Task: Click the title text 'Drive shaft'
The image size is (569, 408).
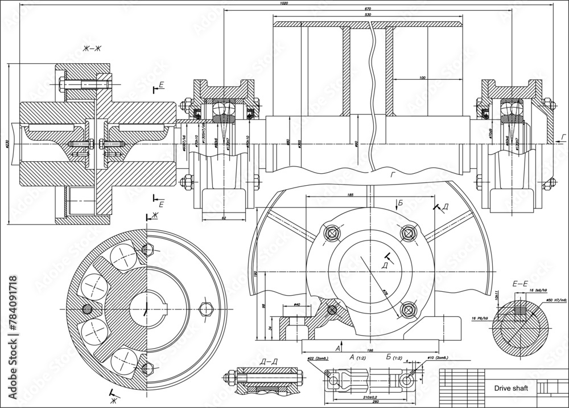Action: click(510, 389)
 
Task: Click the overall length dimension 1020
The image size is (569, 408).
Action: click(284, 3)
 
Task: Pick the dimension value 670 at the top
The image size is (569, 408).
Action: click(367, 9)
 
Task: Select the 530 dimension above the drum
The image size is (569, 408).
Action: click(367, 15)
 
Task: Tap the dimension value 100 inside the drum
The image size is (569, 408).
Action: click(422, 77)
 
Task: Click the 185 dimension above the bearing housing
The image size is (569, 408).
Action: click(350, 195)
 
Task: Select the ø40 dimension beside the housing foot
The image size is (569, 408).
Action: click(296, 305)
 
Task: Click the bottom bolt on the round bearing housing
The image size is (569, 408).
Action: click(408, 310)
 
